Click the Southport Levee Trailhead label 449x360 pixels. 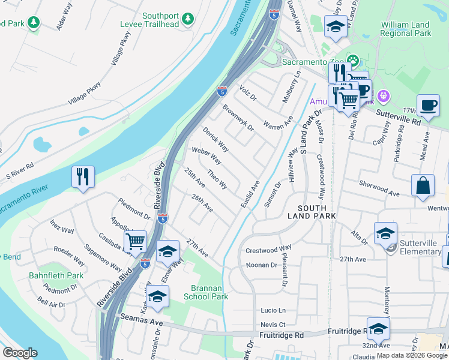pos(161,20)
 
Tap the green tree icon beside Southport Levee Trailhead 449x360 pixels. pos(188,19)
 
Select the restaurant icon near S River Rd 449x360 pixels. pos(83,176)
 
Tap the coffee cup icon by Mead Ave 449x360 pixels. pos(428,105)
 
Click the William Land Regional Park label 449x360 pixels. pos(406,29)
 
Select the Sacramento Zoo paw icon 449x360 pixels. pos(352,61)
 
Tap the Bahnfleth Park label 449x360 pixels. pos(56,275)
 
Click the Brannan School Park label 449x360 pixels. pos(206,292)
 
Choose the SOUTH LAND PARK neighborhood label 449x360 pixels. pos(311,211)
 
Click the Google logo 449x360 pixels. pos(20,353)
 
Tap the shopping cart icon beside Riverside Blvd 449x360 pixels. pos(136,242)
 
